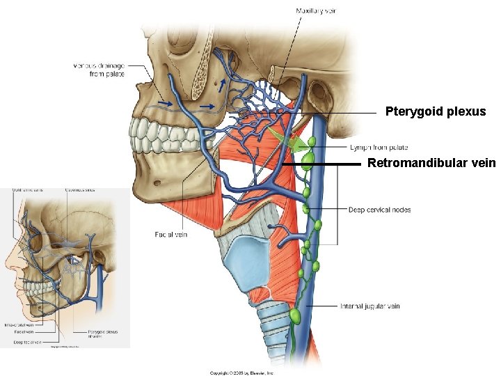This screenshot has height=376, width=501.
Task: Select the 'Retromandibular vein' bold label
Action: click(x=431, y=164)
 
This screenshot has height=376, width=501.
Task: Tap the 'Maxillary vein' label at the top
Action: click(x=316, y=10)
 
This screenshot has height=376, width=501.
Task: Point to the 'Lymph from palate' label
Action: click(x=379, y=148)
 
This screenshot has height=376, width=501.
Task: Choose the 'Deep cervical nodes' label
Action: click(x=379, y=210)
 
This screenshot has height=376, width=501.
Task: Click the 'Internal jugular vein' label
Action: click(x=369, y=306)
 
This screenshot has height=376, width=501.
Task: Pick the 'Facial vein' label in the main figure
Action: click(x=170, y=235)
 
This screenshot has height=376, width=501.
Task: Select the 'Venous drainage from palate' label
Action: click(x=99, y=70)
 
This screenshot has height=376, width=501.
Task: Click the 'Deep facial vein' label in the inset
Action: click(x=28, y=342)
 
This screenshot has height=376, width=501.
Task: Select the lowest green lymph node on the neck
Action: click(x=295, y=317)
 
